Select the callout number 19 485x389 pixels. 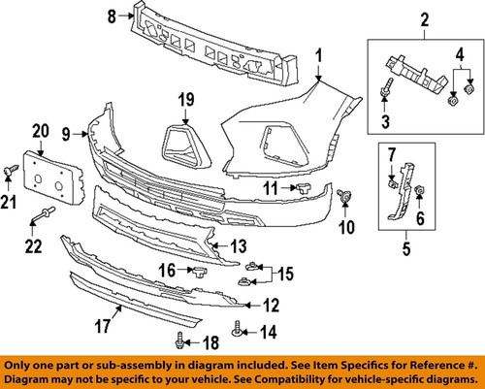click(186, 98)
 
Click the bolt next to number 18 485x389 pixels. click(181, 338)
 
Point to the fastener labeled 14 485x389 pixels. click(238, 332)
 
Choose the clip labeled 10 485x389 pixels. click(343, 198)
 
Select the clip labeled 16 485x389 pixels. click(198, 271)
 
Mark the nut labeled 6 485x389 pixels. click(419, 191)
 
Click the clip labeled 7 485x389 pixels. click(393, 178)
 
